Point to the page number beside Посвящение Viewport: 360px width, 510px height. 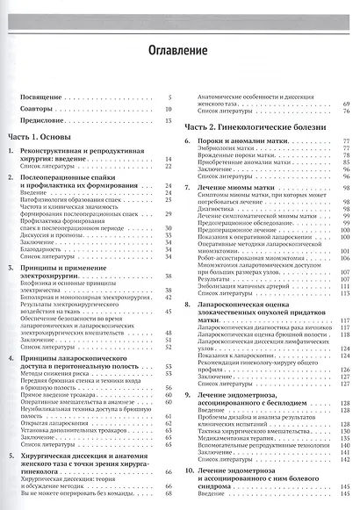(168, 98)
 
